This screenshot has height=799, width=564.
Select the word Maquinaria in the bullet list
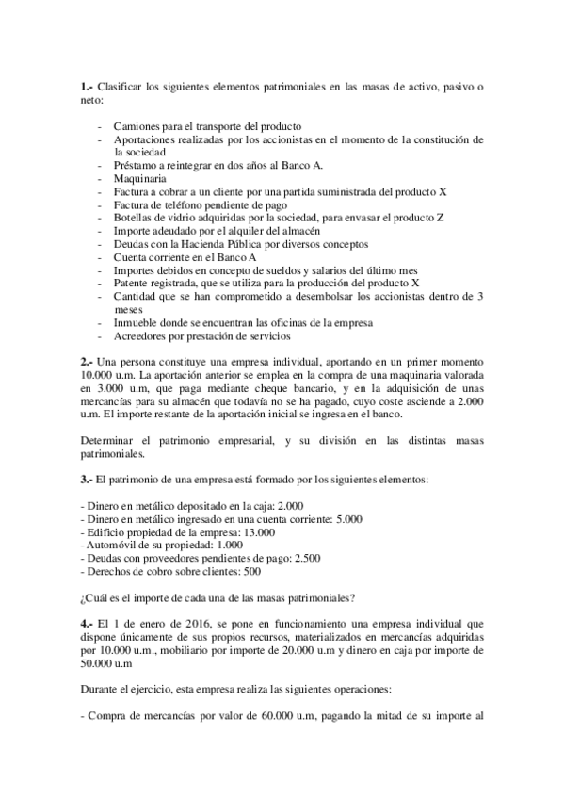[140, 177]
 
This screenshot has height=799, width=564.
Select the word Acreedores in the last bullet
[142, 336]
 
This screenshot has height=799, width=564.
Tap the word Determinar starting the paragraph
[110, 440]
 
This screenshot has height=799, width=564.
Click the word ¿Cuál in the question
[96, 596]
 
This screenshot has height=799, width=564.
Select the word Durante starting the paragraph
[103, 689]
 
